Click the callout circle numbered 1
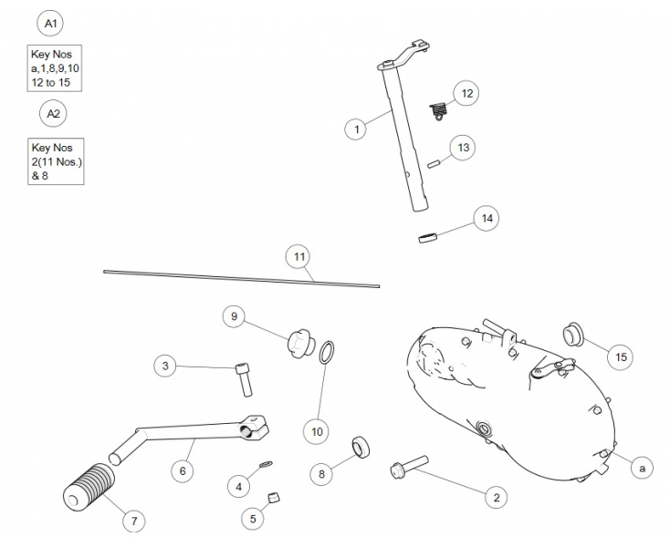357,129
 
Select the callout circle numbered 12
466,93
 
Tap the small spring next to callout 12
440,111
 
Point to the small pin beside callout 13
434,164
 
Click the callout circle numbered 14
487,219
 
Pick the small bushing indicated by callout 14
427,239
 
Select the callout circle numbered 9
235,316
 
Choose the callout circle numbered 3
165,366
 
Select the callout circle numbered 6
183,470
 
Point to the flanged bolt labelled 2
406,468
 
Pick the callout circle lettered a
642,468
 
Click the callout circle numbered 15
622,356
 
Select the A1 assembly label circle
50,23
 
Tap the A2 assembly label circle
54,113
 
